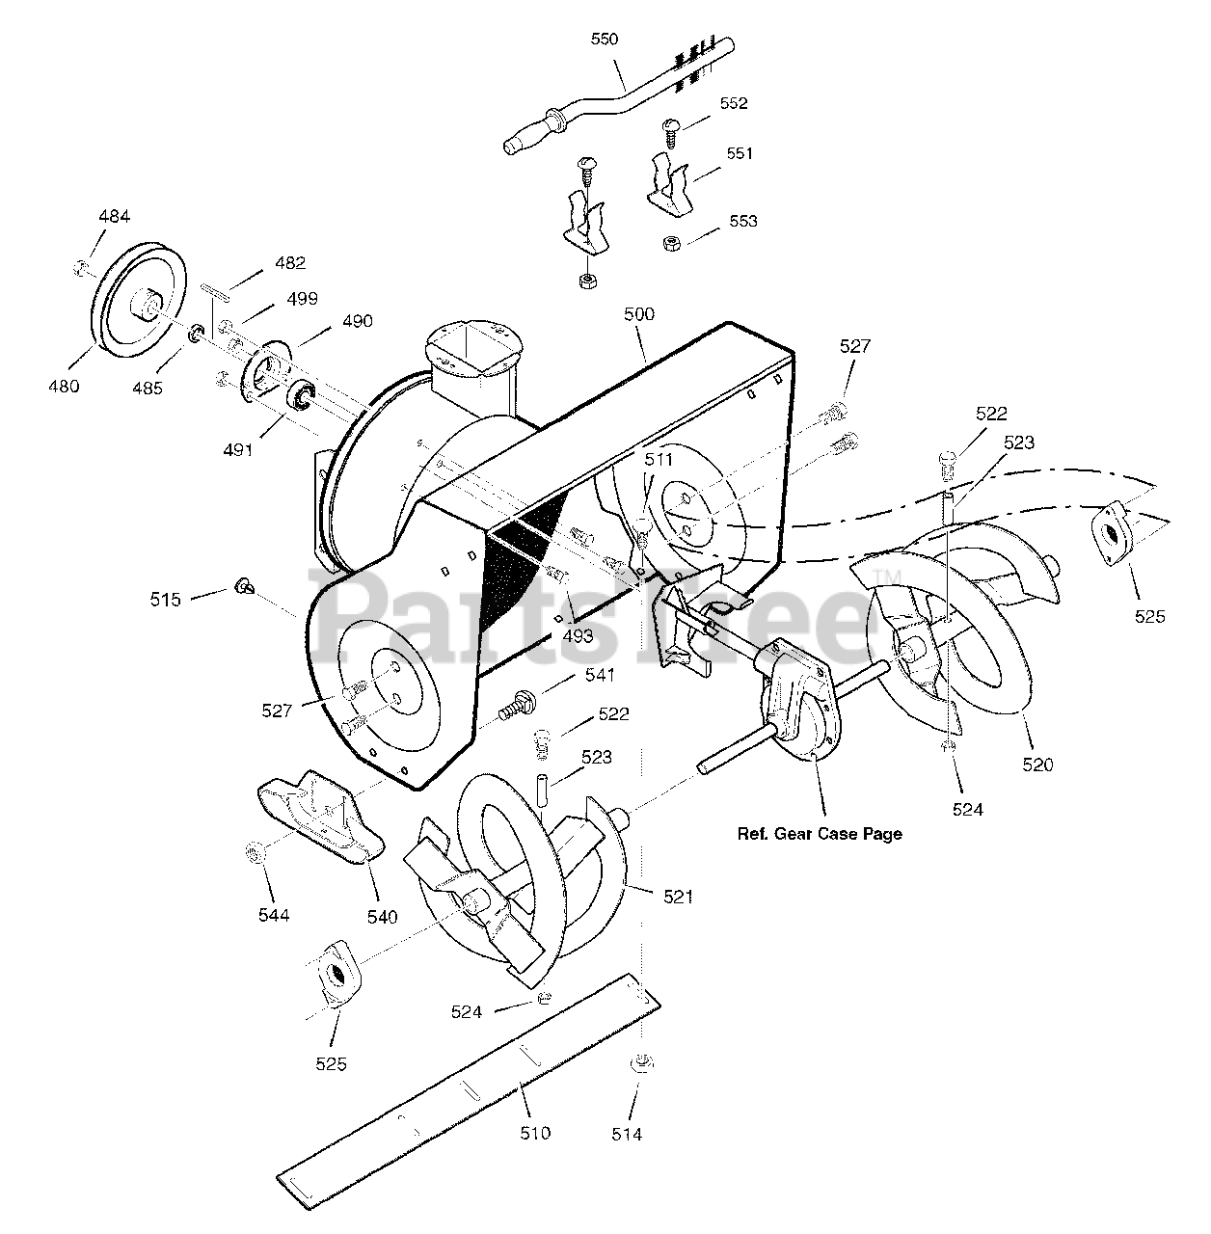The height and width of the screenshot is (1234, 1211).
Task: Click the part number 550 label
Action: click(x=605, y=40)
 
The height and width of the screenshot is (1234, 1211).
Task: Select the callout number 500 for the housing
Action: click(x=639, y=314)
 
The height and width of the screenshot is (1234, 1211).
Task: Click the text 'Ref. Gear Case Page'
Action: click(x=820, y=834)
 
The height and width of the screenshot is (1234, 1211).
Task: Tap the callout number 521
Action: click(x=678, y=897)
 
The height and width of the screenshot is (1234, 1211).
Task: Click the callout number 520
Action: click(x=1038, y=765)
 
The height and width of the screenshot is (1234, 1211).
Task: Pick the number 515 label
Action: click(x=165, y=600)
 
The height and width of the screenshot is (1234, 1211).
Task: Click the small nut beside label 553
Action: click(x=670, y=243)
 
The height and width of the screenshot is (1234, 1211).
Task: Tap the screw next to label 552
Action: click(x=670, y=130)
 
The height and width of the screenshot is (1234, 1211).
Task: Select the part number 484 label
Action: click(x=114, y=217)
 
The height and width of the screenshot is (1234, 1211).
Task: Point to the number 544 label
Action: click(x=273, y=914)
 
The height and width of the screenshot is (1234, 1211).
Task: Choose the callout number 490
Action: click(x=357, y=321)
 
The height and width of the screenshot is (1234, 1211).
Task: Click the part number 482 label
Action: click(x=290, y=262)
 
